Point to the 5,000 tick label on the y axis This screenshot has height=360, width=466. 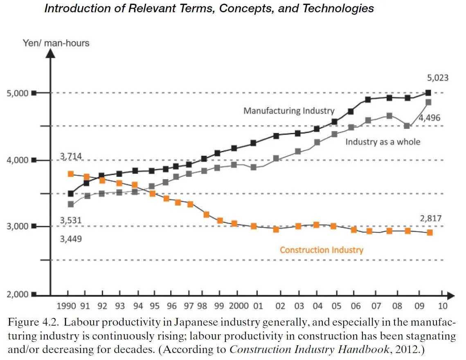17,93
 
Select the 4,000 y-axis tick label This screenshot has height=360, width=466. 17,160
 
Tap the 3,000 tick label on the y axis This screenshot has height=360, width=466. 17,227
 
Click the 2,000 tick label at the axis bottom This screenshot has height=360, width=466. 17,294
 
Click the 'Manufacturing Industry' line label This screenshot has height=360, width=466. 289,110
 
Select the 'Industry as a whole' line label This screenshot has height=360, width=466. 383,142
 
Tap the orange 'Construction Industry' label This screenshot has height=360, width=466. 321,250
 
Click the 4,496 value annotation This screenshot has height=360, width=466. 429,118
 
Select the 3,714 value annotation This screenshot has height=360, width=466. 71,156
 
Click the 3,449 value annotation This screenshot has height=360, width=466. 71,239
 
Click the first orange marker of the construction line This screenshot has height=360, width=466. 70,174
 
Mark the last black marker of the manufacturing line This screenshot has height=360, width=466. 428,93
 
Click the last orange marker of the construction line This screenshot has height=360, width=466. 430,232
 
